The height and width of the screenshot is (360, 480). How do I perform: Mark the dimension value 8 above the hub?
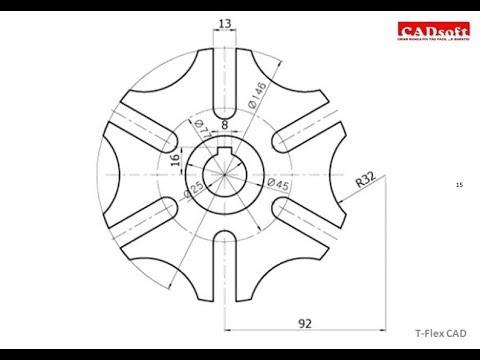coord(225,126)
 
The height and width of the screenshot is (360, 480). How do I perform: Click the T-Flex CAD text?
coord(440,335)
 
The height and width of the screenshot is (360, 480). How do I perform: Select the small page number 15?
coord(458,185)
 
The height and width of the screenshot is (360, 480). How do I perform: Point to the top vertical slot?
coord(226,85)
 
